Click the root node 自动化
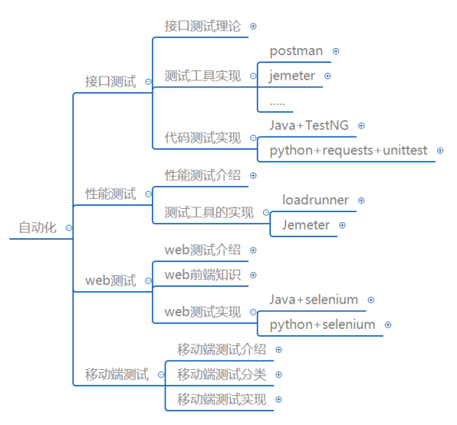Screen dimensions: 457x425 point(38,228)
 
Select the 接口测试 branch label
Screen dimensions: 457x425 point(110,81)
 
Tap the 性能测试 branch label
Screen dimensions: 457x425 point(110,194)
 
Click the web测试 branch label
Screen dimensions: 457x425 point(110,281)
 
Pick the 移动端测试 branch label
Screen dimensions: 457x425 point(117,375)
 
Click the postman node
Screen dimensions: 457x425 point(296,51)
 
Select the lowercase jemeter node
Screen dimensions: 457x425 point(292,76)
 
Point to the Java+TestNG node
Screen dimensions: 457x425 point(309,125)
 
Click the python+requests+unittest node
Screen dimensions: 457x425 point(348,151)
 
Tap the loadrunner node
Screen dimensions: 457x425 point(315,200)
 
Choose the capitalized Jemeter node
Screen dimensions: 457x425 point(306,225)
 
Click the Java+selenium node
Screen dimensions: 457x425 point(314,300)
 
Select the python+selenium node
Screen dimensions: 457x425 point(322,325)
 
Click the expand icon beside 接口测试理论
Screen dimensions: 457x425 point(253,26)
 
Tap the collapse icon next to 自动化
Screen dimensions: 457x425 point(69,228)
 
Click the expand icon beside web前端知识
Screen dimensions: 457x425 point(253,275)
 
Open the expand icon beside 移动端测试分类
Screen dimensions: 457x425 point(279,375)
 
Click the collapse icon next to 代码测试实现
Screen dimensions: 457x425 point(253,138)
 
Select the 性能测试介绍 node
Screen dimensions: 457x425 point(202,175)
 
